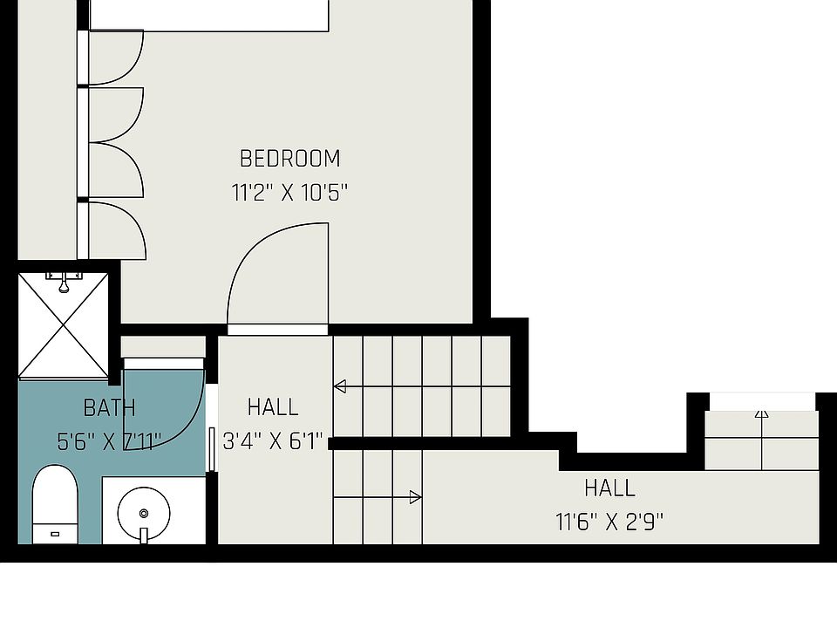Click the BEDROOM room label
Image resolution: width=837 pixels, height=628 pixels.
289,159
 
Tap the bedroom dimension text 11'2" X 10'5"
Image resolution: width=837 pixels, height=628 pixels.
289,193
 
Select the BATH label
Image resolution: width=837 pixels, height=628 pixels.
109,407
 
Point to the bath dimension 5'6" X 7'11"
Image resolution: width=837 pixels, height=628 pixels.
109,441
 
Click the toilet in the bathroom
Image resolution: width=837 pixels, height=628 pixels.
55,503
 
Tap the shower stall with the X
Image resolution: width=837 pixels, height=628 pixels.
64,325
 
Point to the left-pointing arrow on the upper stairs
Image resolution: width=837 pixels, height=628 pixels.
340,386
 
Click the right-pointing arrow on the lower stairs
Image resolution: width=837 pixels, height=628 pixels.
416,497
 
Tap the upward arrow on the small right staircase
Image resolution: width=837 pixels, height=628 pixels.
762,413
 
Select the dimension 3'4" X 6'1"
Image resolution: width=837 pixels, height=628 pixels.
274,441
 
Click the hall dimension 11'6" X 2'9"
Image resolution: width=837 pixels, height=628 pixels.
609,522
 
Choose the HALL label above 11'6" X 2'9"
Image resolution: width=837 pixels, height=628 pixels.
609,487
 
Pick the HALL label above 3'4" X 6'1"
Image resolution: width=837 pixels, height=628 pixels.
273,407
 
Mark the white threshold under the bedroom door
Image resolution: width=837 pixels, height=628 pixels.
278,330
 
